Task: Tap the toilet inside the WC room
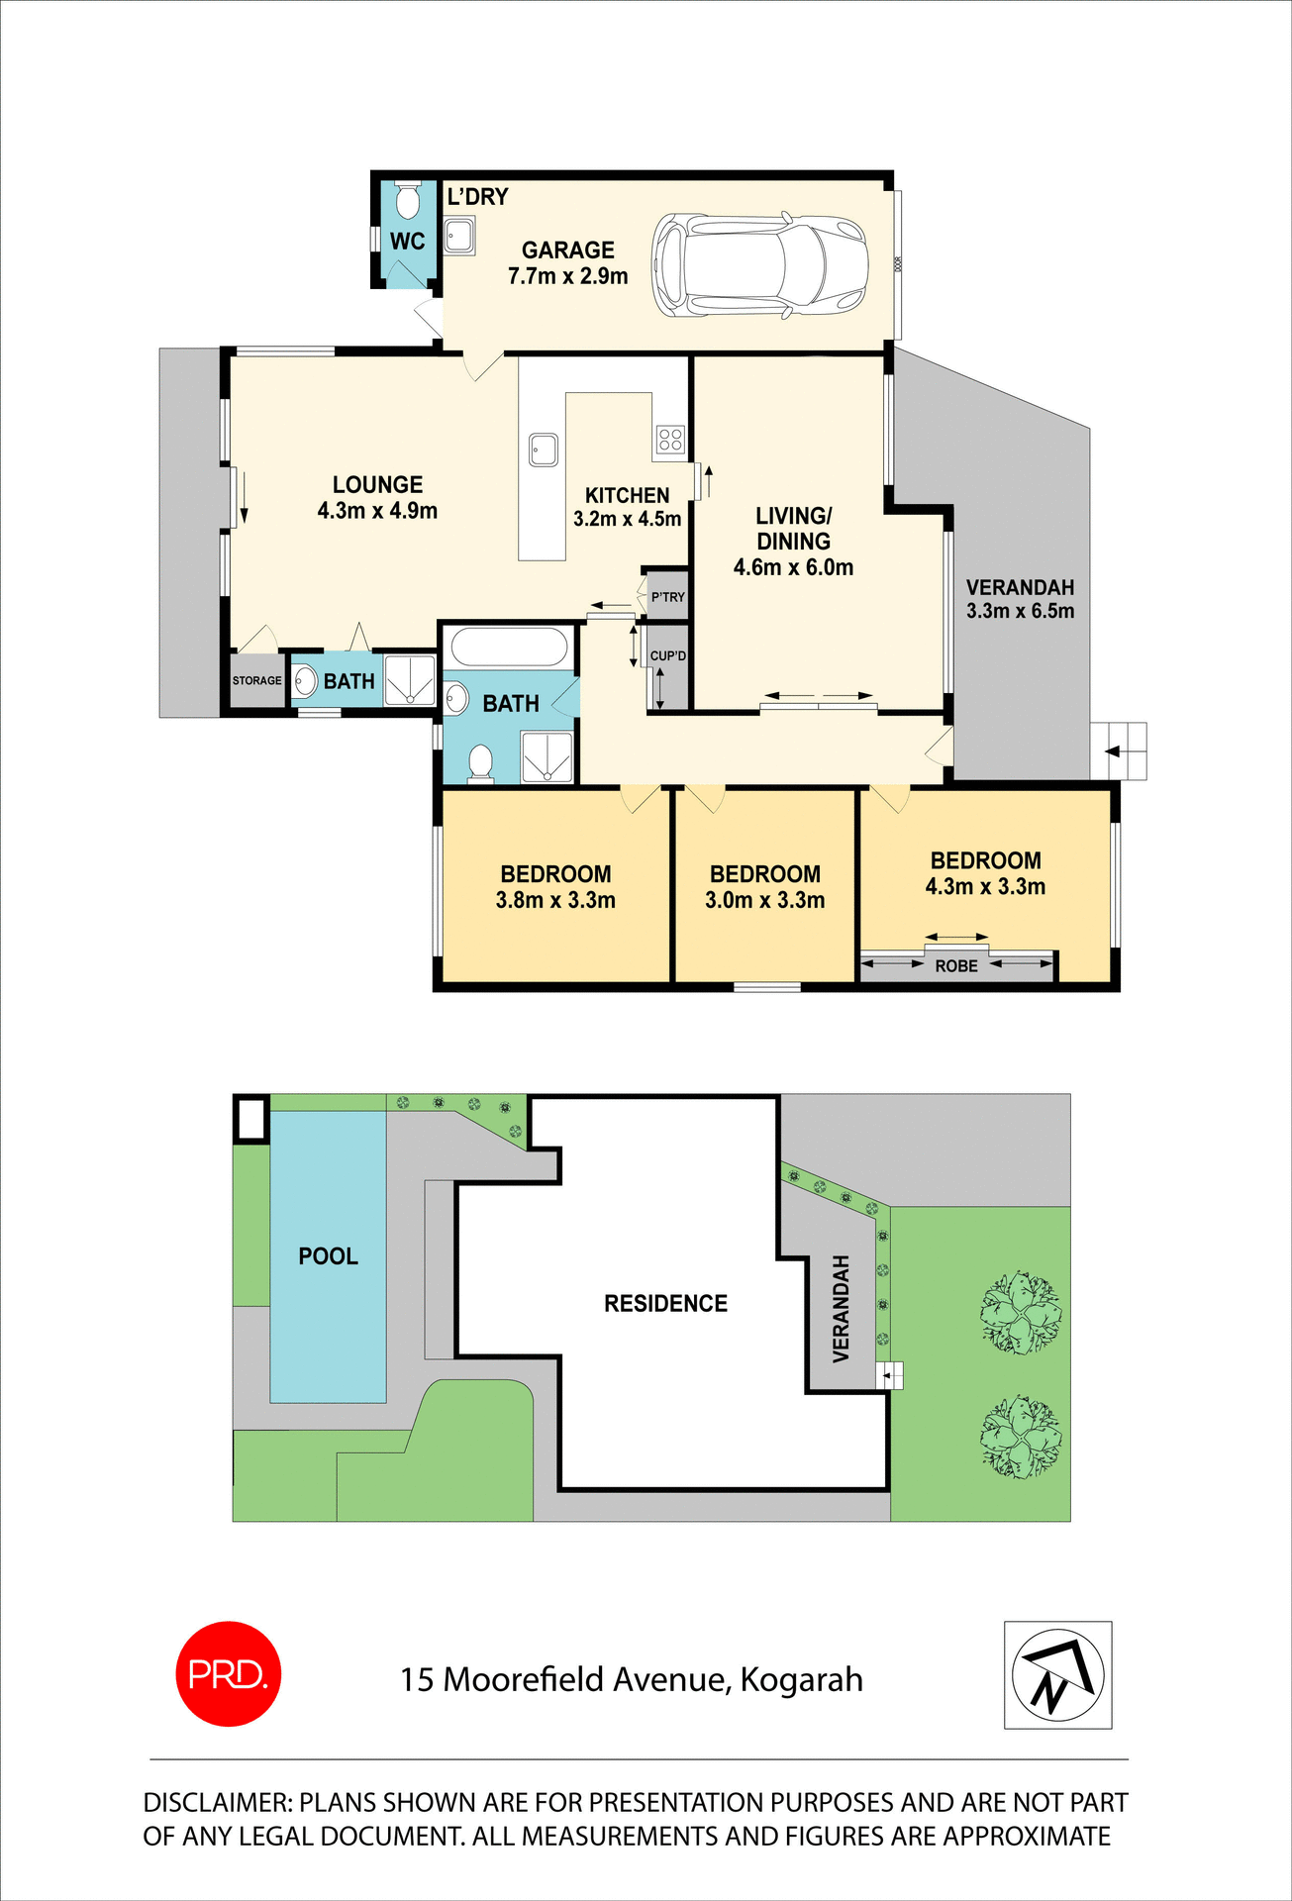coord(407,201)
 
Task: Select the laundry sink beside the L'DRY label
coord(458,237)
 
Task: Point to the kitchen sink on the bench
coord(543,450)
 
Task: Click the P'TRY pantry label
coord(668,597)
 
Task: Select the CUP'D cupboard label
coord(668,656)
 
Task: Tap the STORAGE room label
coord(256,681)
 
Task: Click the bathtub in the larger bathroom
coord(509,649)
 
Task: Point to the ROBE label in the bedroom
coord(956,966)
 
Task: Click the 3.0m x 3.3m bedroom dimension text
coord(764,901)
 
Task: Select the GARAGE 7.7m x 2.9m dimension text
coord(567,277)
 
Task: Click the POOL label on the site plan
coord(328,1256)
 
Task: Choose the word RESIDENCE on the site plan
coord(665,1304)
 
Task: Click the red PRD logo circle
coord(228,1674)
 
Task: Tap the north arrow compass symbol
coord(1057,1675)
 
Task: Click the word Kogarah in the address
coord(801,1680)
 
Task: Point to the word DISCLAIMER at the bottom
coord(218,1803)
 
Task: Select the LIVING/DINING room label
coord(793,529)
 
